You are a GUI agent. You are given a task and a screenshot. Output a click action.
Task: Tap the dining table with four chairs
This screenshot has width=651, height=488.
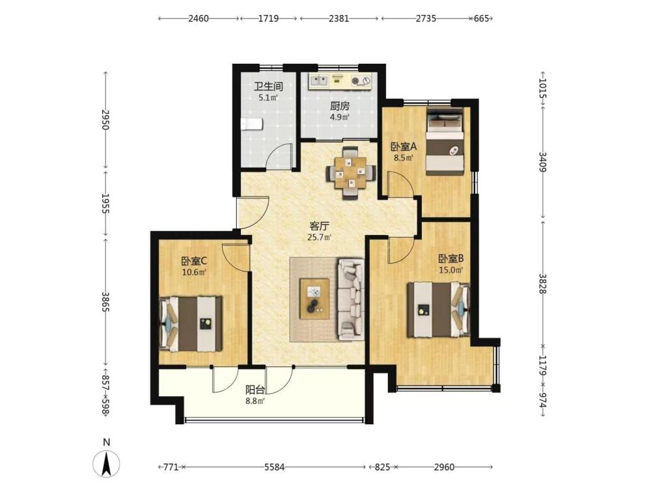(x=352, y=172)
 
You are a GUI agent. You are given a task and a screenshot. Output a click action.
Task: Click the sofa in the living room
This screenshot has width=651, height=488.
(x=352, y=299)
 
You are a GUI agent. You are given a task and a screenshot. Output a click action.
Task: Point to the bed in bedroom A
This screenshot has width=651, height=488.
(x=445, y=141)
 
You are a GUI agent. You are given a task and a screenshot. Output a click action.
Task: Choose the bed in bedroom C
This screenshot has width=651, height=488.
(x=191, y=323)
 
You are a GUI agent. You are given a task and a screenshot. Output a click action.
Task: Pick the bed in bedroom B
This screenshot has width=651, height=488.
(x=438, y=310)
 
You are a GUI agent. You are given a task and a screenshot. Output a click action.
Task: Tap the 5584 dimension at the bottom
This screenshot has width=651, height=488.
(x=275, y=467)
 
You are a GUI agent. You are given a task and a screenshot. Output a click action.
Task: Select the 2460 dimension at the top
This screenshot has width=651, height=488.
(x=199, y=19)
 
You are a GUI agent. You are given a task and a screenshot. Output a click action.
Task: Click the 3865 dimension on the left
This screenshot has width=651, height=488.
(x=106, y=303)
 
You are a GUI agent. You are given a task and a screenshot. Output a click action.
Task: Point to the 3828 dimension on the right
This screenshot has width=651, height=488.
(x=543, y=284)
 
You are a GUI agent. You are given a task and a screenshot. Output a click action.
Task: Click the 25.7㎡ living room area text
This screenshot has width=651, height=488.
(x=319, y=237)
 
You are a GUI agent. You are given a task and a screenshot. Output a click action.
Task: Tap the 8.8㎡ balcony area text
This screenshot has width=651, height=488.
(x=255, y=401)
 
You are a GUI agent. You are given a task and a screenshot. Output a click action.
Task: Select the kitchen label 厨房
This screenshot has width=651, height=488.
(x=340, y=106)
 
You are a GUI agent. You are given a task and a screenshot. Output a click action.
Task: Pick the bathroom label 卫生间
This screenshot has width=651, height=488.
(x=268, y=87)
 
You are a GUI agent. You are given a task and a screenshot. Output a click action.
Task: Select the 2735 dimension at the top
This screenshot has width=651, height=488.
(x=426, y=19)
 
